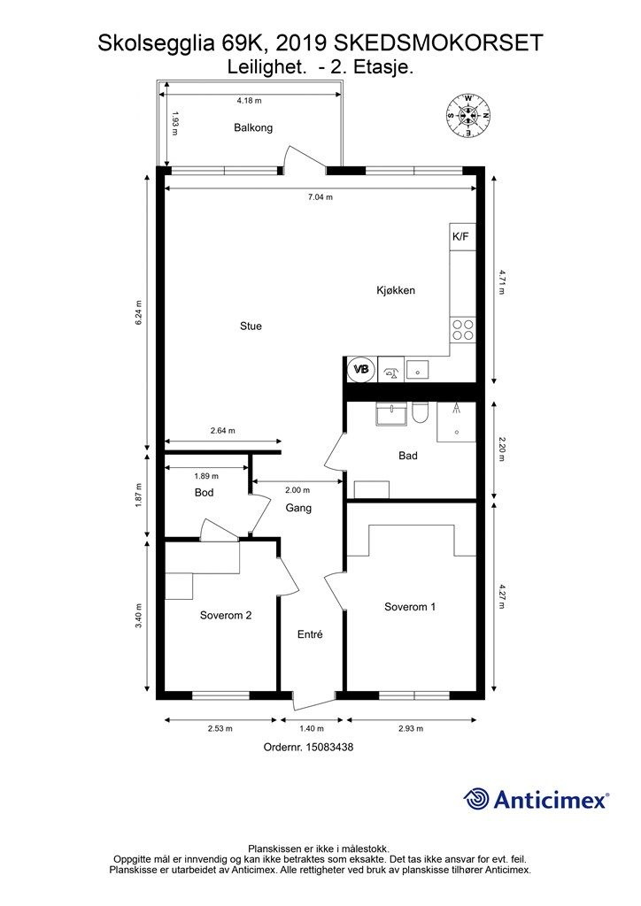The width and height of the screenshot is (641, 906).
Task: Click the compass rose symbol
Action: tap(467, 116)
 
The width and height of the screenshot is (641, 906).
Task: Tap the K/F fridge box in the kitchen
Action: tap(462, 237)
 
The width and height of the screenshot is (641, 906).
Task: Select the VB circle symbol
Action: tap(361, 369)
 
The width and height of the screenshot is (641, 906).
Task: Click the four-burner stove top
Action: tap(463, 329)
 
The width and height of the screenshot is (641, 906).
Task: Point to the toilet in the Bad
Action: tap(421, 412)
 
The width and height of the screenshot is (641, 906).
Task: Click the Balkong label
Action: tap(253, 127)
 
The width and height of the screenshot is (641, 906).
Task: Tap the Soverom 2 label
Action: tap(226, 616)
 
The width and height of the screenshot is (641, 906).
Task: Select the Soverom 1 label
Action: tap(410, 607)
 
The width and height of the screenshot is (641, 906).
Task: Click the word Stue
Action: tap(251, 326)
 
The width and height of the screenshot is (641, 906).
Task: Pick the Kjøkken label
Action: tap(396, 290)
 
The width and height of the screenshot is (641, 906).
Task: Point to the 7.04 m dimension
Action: tap(320, 197)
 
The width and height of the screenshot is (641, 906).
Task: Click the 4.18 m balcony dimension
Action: tap(249, 101)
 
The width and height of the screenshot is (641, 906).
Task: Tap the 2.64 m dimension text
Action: tap(222, 431)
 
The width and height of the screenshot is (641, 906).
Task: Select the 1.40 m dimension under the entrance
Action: tap(312, 729)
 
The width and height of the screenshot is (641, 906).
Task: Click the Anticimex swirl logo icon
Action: tap(476, 799)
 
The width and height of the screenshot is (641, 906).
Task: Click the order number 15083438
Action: tap(328, 747)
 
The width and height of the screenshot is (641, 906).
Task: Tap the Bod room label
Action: tap(204, 493)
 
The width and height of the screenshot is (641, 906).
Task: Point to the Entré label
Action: tap(310, 634)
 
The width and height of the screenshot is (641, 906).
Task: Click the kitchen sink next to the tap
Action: tap(417, 369)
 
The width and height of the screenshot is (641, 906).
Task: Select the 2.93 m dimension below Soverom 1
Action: tap(411, 729)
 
